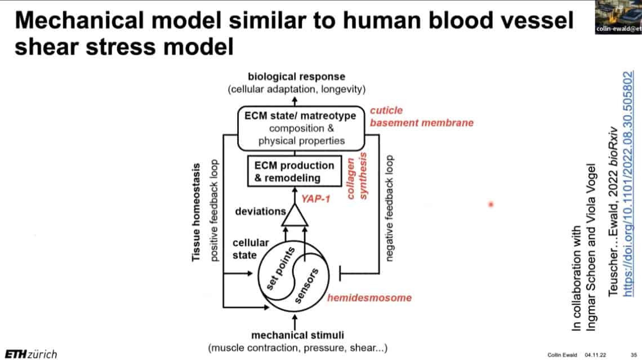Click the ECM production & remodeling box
pos(295,171)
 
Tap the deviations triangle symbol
pos(293,215)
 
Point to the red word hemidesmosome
pos(369,297)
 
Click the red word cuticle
pos(386,110)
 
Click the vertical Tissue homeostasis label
pos(197,212)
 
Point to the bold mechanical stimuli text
pos(297,336)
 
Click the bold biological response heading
pos(297,77)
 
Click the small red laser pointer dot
pos(491,205)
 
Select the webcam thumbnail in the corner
pos(618,17)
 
